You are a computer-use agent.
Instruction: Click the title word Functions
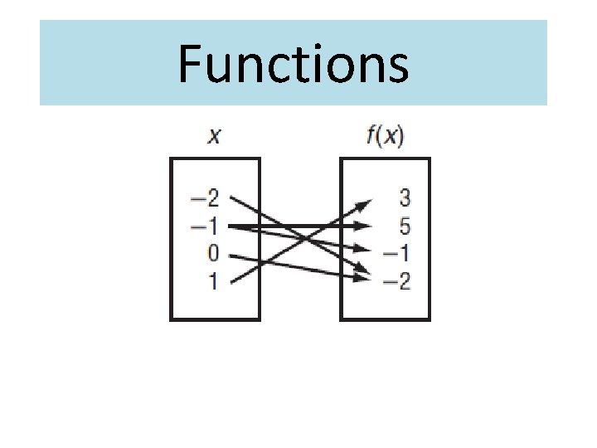pyautogui.click(x=293, y=65)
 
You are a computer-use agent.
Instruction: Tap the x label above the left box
pyautogui.click(x=214, y=135)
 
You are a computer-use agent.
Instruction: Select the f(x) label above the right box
pyautogui.click(x=384, y=135)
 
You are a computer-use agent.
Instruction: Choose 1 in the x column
pyautogui.click(x=212, y=282)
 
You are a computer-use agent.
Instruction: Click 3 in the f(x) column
pyautogui.click(x=404, y=198)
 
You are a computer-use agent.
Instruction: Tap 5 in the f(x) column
pyautogui.click(x=404, y=226)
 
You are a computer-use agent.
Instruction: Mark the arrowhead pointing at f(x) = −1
pyautogui.click(x=362, y=248)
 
